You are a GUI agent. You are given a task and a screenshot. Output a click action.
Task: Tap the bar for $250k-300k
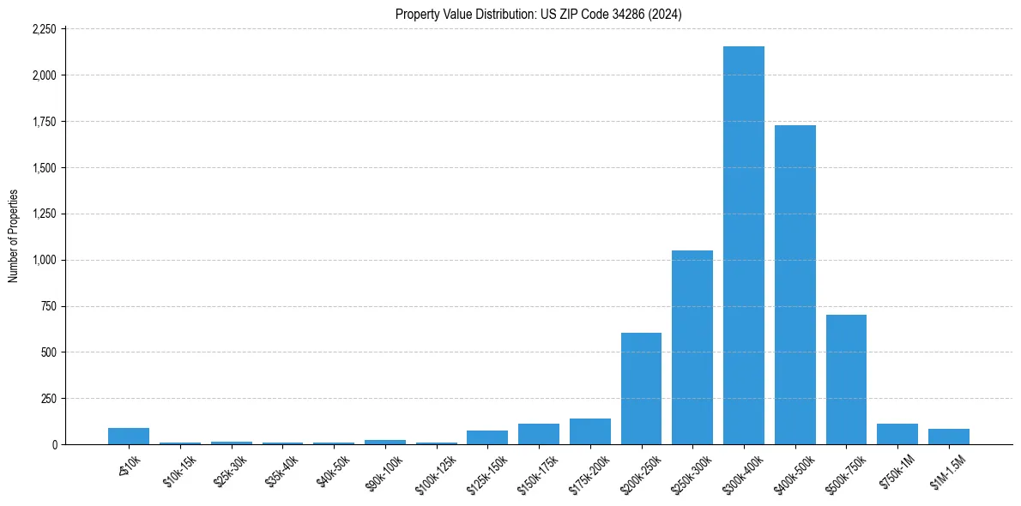point(692,347)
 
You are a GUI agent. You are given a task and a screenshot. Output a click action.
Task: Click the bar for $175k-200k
point(589,431)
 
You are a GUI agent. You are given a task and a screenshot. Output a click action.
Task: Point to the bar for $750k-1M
point(897,434)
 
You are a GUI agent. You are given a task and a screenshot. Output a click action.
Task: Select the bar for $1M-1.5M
point(948,437)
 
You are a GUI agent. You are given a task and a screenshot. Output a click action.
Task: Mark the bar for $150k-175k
point(538,434)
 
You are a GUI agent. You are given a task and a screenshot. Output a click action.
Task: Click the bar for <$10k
point(129,436)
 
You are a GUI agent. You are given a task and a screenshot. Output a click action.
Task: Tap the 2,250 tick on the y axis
point(44,29)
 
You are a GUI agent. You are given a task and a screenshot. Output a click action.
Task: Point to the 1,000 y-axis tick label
point(44,260)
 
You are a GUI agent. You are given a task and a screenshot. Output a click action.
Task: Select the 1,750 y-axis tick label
point(44,122)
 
